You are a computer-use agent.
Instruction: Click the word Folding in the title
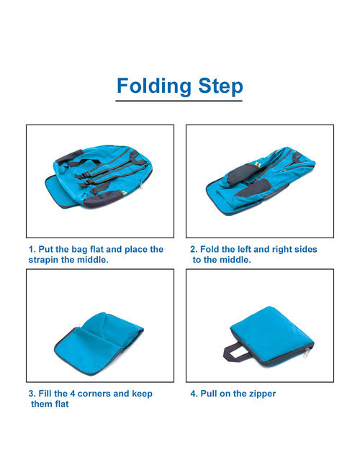coord(154,86)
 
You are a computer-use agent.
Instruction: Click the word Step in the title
coord(220,86)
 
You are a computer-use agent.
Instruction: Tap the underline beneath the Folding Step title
coord(179,101)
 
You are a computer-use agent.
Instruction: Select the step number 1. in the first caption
coord(32,249)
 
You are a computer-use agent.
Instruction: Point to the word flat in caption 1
coord(97,249)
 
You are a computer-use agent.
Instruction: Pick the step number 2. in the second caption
coord(194,249)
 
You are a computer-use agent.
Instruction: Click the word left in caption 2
coord(244,249)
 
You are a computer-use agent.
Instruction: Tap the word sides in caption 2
coord(307,249)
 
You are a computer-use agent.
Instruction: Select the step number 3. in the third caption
coord(32,394)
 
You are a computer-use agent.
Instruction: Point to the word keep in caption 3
coord(142,394)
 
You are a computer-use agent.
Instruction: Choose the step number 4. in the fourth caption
coord(194,394)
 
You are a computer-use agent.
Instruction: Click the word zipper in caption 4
coord(262,394)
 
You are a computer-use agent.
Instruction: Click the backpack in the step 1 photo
coord(99,176)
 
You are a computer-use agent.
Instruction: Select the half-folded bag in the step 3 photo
coord(99,344)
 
